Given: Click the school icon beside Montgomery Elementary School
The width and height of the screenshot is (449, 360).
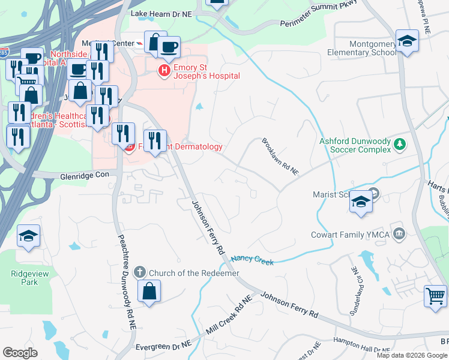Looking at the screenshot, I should click(x=407, y=41).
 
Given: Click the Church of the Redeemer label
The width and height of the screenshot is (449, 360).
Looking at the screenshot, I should click(x=194, y=273).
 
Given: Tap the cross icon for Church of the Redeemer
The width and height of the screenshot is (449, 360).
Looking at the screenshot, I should click(x=139, y=272).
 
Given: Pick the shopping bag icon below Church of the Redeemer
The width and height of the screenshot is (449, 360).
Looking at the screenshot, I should click(x=148, y=292).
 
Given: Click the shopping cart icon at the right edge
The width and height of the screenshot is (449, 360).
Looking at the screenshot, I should click(x=435, y=296).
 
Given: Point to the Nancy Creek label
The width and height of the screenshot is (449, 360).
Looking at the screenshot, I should click(x=252, y=261).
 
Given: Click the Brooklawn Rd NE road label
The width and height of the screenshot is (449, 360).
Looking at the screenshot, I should click(x=279, y=157).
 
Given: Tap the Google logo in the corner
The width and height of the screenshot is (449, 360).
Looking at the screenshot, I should click(x=20, y=353).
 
